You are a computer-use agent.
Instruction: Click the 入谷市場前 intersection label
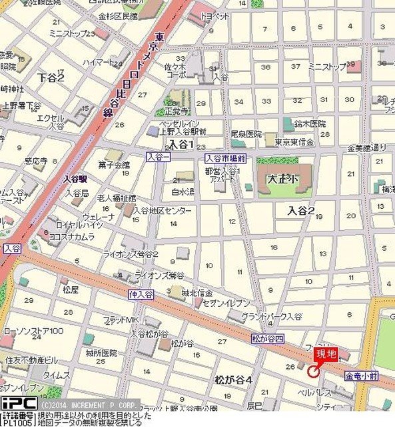(x=226, y=158)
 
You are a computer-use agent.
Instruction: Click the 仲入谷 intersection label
(x=141, y=294)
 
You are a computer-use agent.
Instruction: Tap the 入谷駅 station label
(x=76, y=179)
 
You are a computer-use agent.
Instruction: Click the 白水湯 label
(x=183, y=191)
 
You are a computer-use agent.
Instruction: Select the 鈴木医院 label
(x=310, y=124)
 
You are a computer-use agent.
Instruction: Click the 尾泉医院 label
(x=246, y=134)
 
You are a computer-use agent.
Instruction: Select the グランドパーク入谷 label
(x=271, y=316)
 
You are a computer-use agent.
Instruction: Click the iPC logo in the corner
(x=18, y=404)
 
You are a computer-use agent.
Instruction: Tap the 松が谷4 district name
(x=233, y=380)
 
